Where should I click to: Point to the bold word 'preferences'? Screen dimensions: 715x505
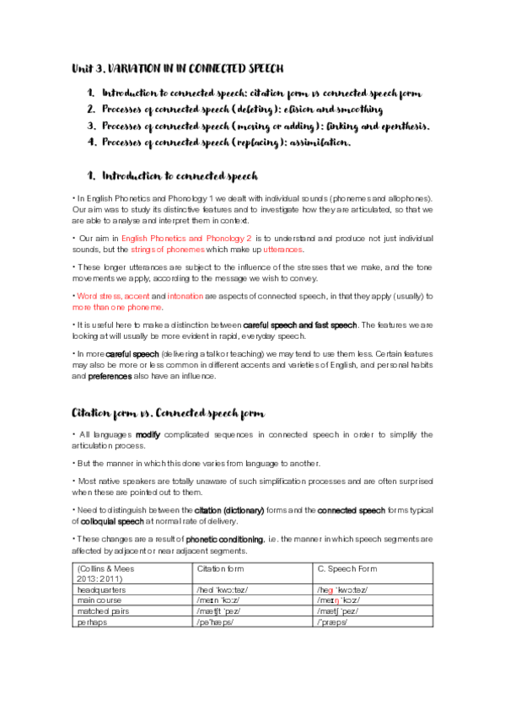[109, 377]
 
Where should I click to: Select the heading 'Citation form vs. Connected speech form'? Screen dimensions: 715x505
[169, 413]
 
